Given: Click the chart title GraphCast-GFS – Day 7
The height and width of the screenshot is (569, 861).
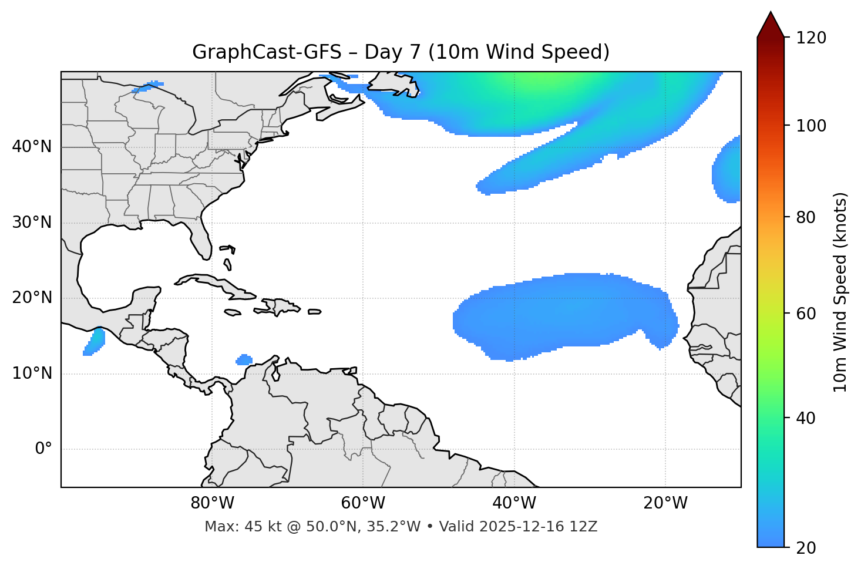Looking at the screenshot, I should [x=401, y=52].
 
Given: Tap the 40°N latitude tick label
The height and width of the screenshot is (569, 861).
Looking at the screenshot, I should [x=32, y=147].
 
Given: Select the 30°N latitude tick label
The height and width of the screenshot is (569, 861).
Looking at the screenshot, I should [x=32, y=223].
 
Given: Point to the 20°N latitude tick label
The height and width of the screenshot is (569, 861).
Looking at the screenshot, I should [x=32, y=298].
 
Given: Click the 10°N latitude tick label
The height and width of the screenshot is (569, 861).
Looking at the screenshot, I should [x=32, y=373].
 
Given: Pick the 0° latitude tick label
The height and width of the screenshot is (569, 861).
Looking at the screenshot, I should [x=43, y=449].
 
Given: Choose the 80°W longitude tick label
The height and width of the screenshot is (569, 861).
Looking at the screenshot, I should [x=212, y=503].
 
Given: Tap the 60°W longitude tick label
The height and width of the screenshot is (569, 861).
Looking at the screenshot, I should [x=363, y=503].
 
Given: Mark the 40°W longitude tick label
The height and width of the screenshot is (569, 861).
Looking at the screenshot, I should [x=514, y=503].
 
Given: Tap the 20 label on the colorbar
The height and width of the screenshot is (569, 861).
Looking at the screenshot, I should [x=806, y=548].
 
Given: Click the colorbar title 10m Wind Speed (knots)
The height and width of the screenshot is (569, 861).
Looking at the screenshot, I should [x=840, y=292].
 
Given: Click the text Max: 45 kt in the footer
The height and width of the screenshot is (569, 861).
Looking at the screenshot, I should [x=230, y=527].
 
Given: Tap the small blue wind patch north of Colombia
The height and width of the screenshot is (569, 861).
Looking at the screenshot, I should [x=244, y=359].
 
